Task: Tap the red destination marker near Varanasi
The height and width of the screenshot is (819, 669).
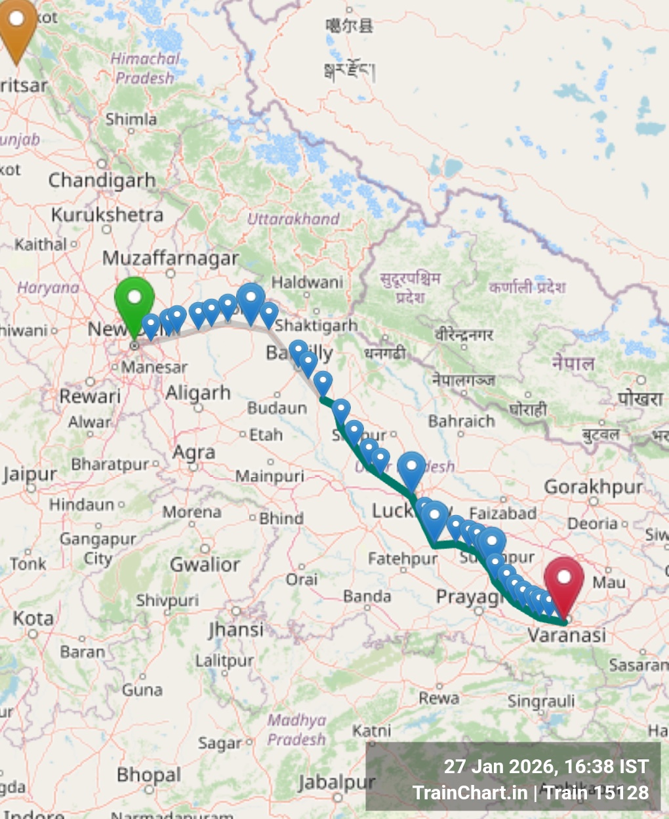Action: (x=564, y=580)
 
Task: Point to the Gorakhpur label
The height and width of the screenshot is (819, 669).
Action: (x=593, y=487)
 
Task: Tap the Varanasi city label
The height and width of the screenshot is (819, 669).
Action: (x=567, y=635)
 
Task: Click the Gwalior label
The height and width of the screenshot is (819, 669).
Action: (x=205, y=564)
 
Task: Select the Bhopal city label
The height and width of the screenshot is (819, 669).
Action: (x=149, y=775)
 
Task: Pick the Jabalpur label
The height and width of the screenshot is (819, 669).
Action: (x=336, y=782)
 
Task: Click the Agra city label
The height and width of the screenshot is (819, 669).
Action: (x=193, y=453)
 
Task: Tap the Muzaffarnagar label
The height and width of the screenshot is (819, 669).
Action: (x=171, y=258)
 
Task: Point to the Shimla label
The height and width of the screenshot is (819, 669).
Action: (x=131, y=119)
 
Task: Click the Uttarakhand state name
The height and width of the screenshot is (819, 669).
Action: (x=293, y=219)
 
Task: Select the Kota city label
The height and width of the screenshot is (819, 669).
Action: (x=33, y=618)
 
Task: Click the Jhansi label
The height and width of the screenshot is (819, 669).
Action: (x=235, y=630)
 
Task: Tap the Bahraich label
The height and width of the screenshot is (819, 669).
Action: (x=461, y=421)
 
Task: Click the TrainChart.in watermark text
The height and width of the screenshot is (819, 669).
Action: (x=470, y=793)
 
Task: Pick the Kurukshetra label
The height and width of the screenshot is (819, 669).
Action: (x=107, y=215)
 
